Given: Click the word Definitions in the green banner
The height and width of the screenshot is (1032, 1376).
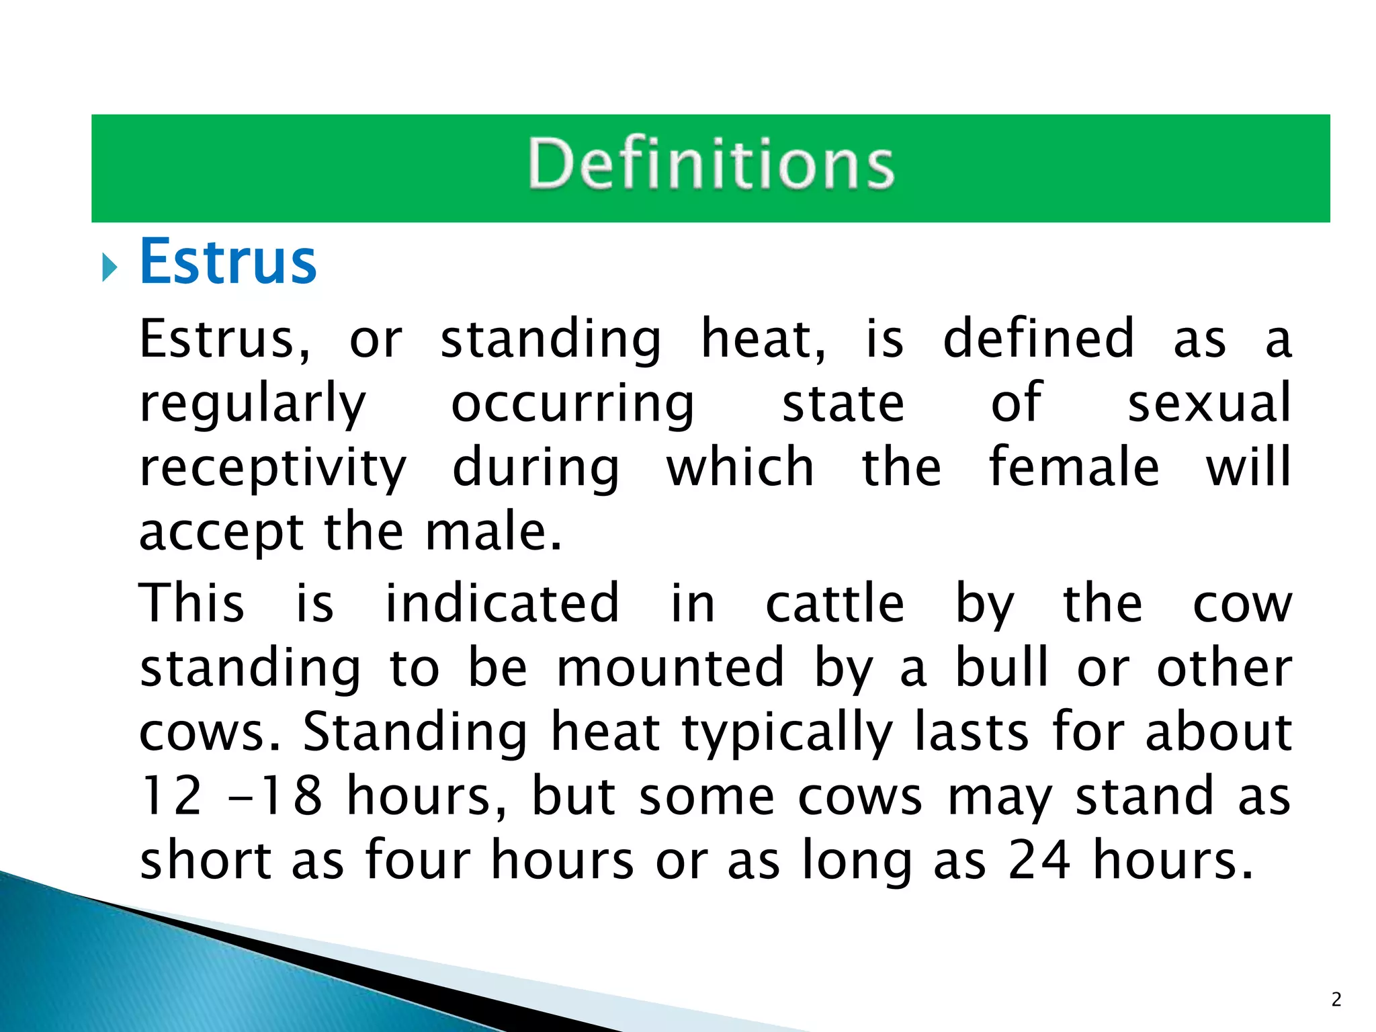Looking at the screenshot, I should (x=711, y=164).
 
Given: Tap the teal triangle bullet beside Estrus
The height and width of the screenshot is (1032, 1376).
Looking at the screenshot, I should (x=110, y=268).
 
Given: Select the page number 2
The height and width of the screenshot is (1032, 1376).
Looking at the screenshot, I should (x=1336, y=1000).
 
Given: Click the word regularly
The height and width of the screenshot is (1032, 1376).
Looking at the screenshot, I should (x=253, y=405).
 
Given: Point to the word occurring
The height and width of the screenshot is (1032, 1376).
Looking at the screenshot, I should (x=572, y=405).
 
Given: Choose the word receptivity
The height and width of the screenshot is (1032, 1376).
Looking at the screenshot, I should (x=273, y=469).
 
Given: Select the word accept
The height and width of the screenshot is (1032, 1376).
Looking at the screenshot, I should (x=221, y=533).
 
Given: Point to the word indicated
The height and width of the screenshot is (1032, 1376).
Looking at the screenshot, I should (x=501, y=603).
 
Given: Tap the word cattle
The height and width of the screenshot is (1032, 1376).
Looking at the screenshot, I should (x=834, y=603).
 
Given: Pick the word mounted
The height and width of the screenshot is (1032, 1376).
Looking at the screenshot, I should (x=671, y=667).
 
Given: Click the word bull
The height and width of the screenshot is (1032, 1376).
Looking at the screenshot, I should (x=1002, y=667).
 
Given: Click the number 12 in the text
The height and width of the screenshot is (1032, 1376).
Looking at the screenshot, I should (x=171, y=795).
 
